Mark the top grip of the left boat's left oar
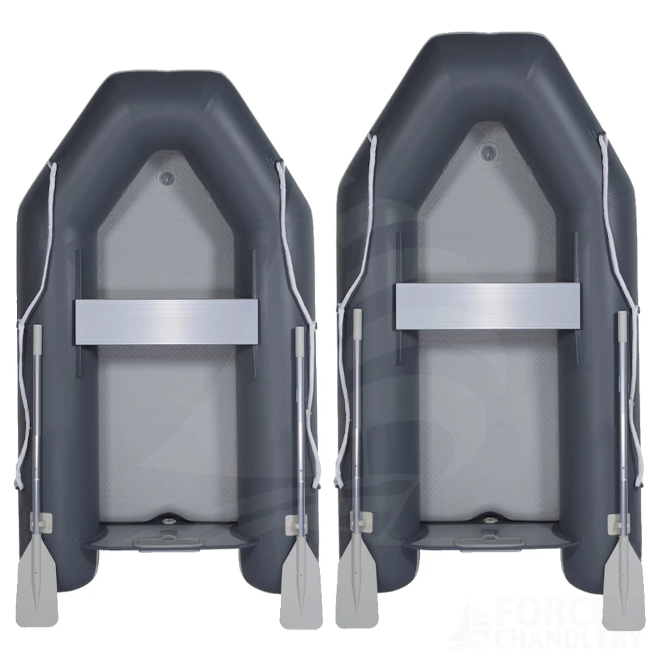tap(37, 336)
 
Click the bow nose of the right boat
tap(487, 49)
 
